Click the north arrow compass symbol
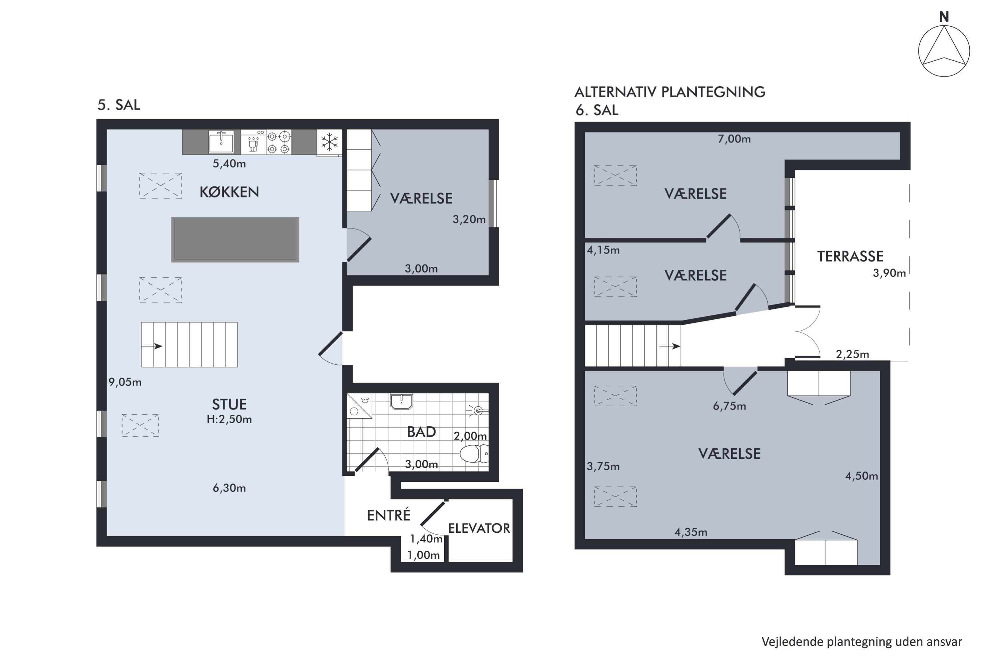944,51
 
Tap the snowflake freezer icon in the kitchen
329,142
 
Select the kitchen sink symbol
221,142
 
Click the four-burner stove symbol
279,142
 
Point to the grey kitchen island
235,239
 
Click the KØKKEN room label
229,192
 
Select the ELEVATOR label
479,528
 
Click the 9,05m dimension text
125,382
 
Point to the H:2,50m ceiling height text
229,420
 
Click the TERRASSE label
850,256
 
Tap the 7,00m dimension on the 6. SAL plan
734,139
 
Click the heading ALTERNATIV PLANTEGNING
669,92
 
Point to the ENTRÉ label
388,515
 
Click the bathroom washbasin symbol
401,401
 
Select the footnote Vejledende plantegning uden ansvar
861,642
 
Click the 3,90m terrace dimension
889,273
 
